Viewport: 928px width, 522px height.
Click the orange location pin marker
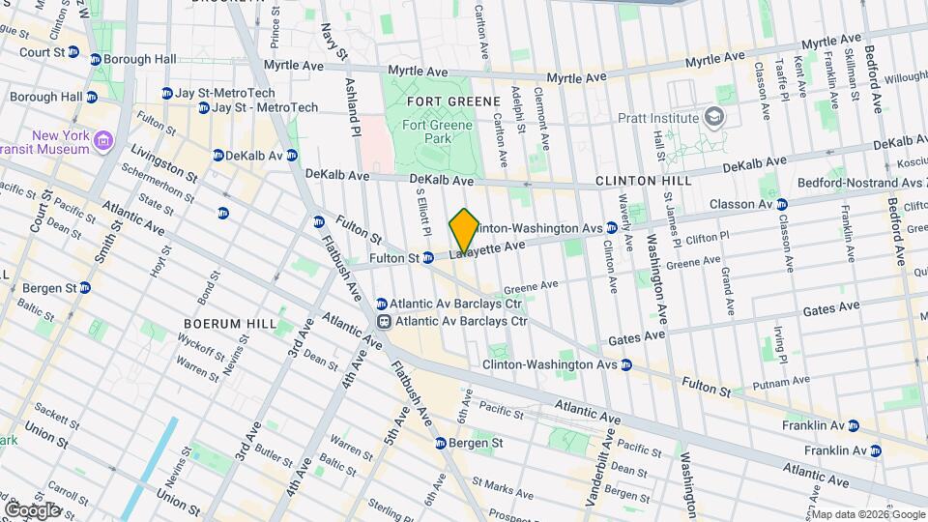click(464, 231)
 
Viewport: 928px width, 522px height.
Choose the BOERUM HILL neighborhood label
click(231, 324)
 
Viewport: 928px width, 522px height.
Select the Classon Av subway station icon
click(782, 204)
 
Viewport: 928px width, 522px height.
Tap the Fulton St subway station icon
click(427, 258)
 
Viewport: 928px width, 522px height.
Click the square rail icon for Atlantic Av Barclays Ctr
click(383, 321)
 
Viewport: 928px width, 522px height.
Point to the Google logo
click(32, 509)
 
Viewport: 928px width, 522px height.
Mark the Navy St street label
click(329, 43)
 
